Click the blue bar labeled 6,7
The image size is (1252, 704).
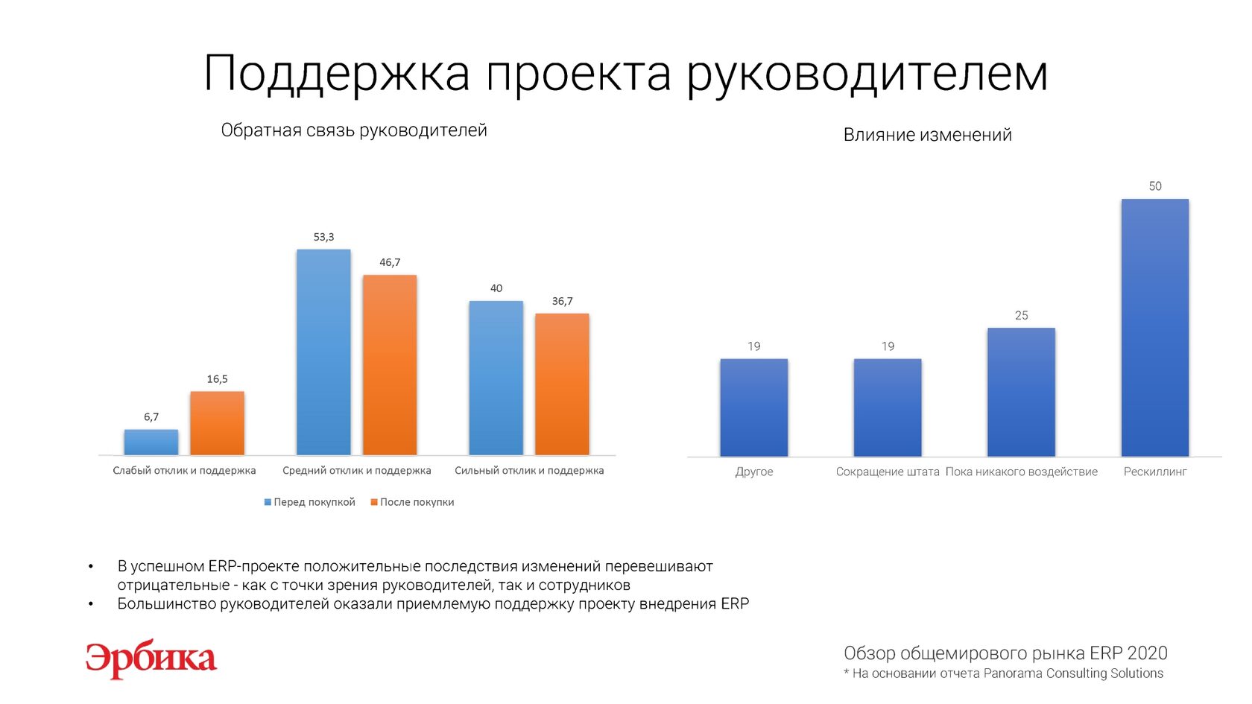pyautogui.click(x=151, y=442)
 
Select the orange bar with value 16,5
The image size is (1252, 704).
pyautogui.click(x=217, y=422)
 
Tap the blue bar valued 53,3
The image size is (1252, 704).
pyautogui.click(x=323, y=352)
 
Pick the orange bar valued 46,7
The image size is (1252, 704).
pyautogui.click(x=390, y=364)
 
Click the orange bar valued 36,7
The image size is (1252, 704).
pyautogui.click(x=562, y=384)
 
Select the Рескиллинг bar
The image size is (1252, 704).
pyautogui.click(x=1154, y=327)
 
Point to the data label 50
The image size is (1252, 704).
pyautogui.click(x=1154, y=186)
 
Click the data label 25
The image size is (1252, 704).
pyautogui.click(x=1021, y=316)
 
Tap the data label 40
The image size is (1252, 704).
pyautogui.click(x=496, y=288)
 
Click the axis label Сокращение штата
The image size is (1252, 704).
pyautogui.click(x=887, y=472)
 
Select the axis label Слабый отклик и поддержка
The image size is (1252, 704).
pyautogui.click(x=184, y=471)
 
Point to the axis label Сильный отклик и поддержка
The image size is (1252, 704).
pyautogui.click(x=529, y=471)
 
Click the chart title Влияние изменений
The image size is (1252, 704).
pyautogui.click(x=927, y=135)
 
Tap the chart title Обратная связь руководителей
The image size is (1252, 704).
pyautogui.click(x=354, y=130)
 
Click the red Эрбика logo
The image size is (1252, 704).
pyautogui.click(x=151, y=659)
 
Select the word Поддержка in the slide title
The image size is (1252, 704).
pyautogui.click(x=336, y=74)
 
